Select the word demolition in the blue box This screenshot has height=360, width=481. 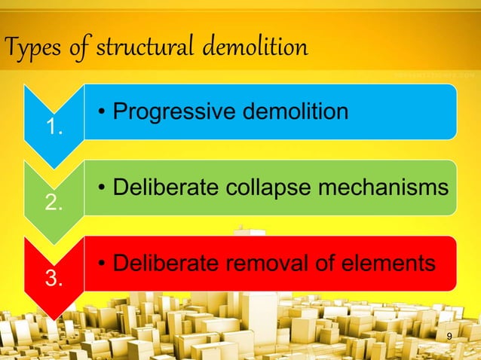click(x=291, y=111)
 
